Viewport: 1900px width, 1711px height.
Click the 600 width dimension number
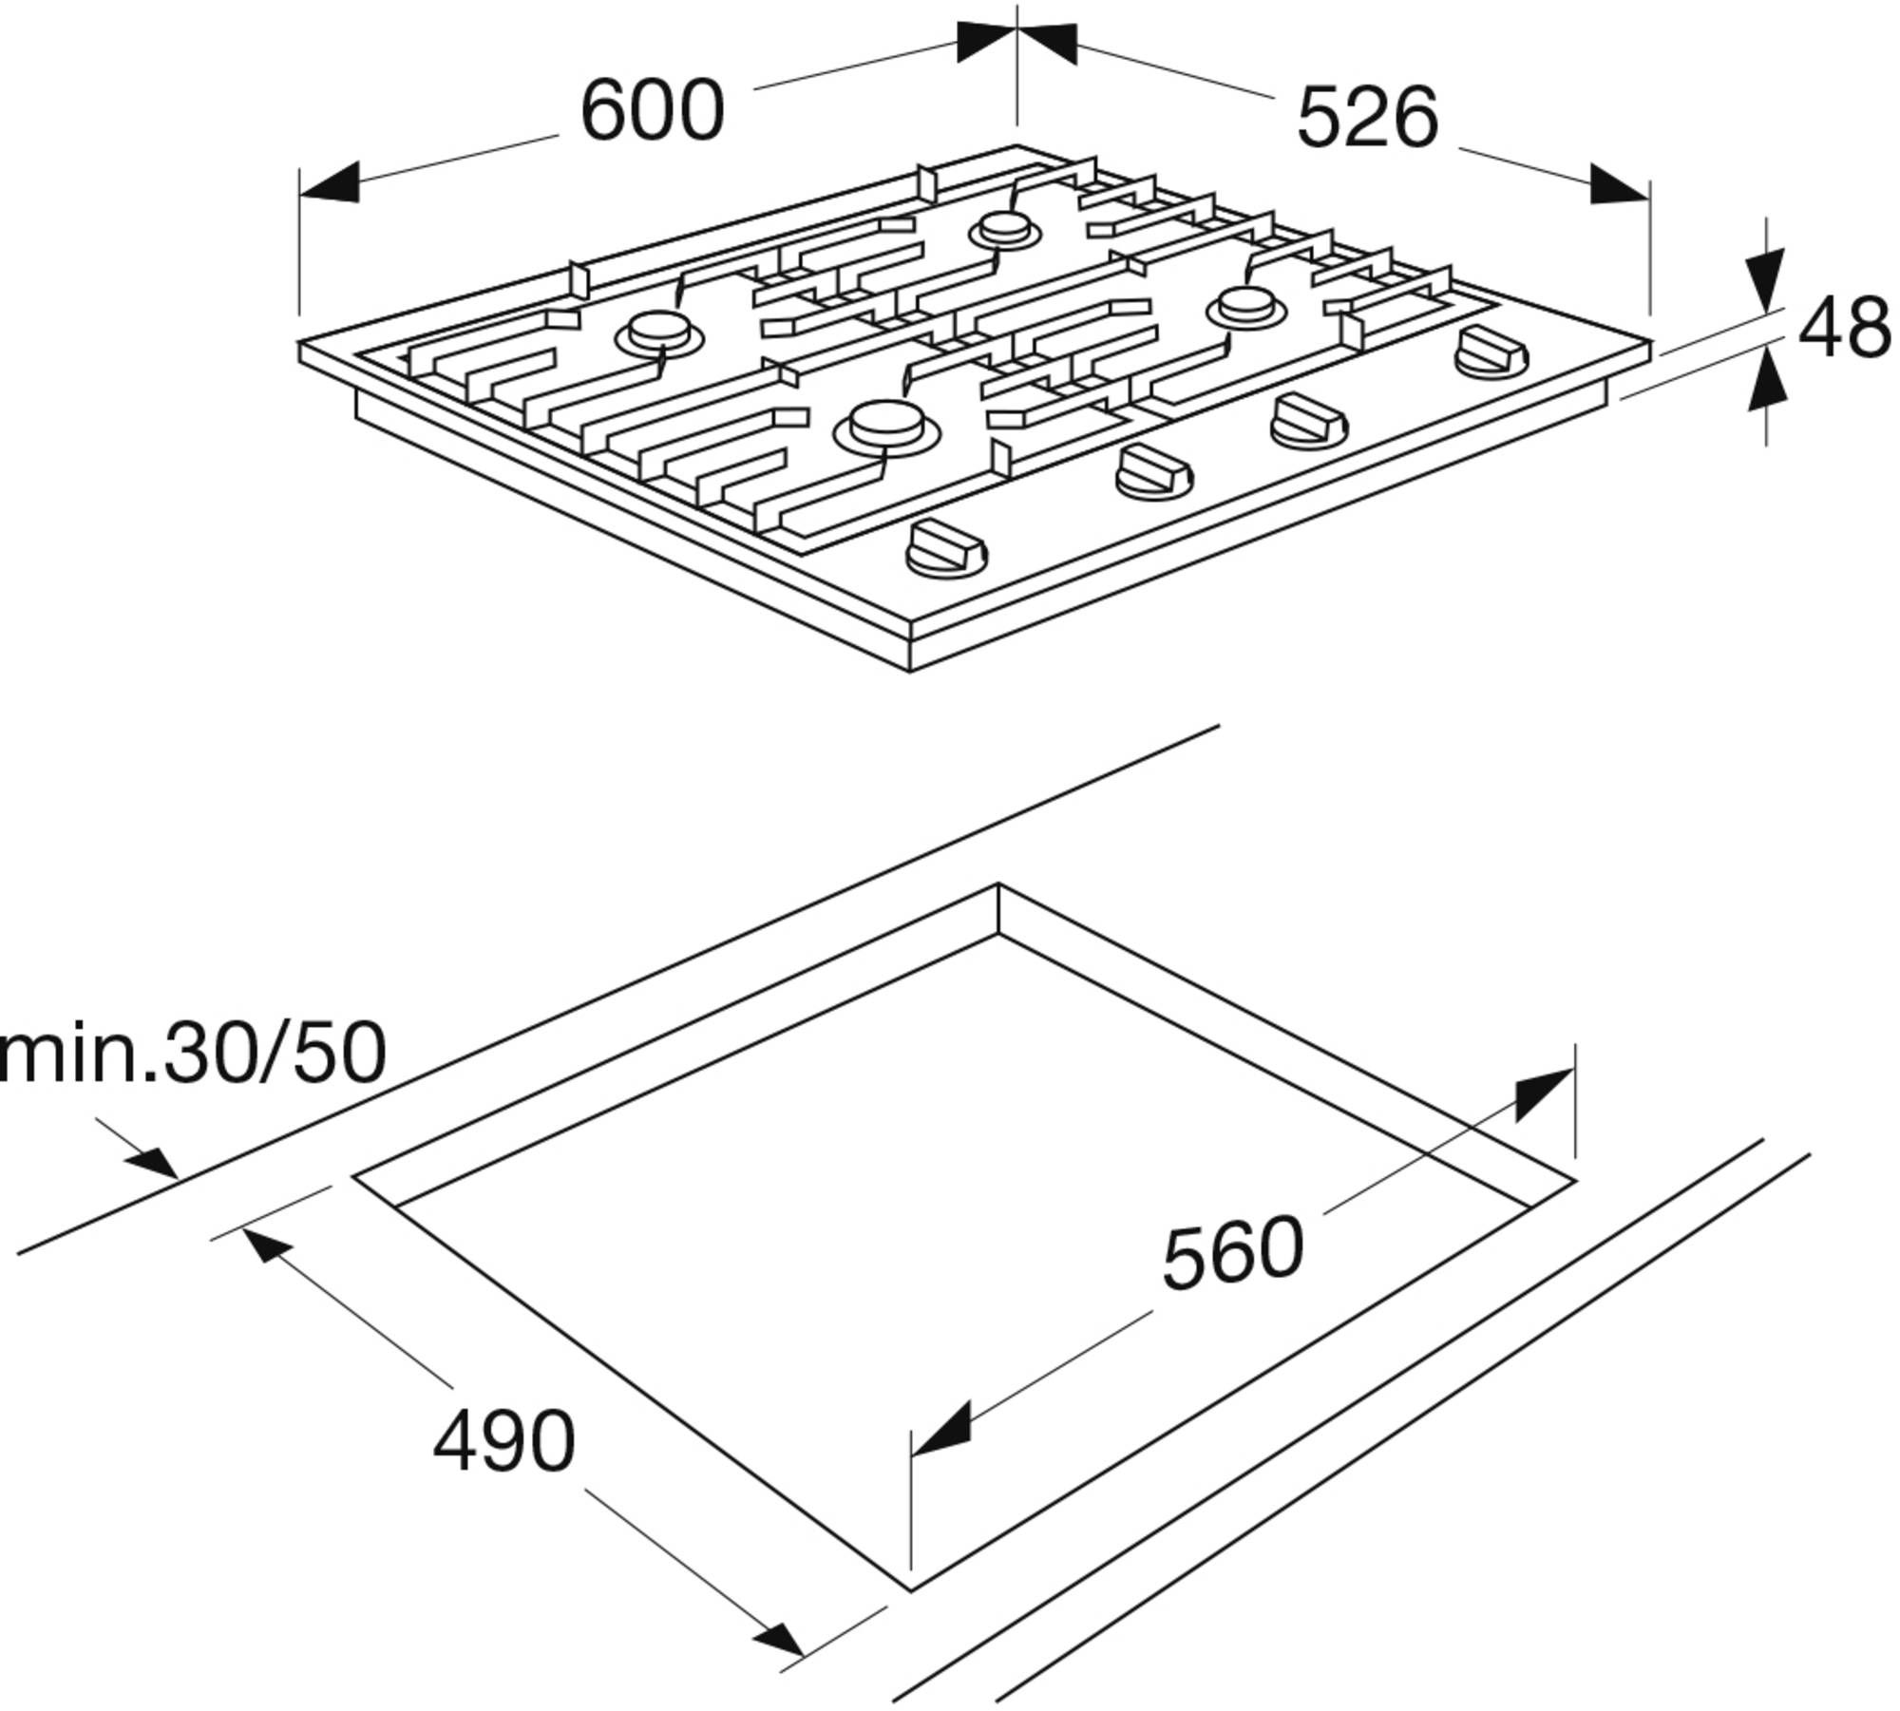coord(652,111)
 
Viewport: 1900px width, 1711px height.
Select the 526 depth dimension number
coord(1367,118)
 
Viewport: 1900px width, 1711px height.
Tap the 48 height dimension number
coord(1845,328)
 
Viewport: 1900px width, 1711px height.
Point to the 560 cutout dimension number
coord(1233,1255)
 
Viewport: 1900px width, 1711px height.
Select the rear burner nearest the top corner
coord(1003,230)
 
